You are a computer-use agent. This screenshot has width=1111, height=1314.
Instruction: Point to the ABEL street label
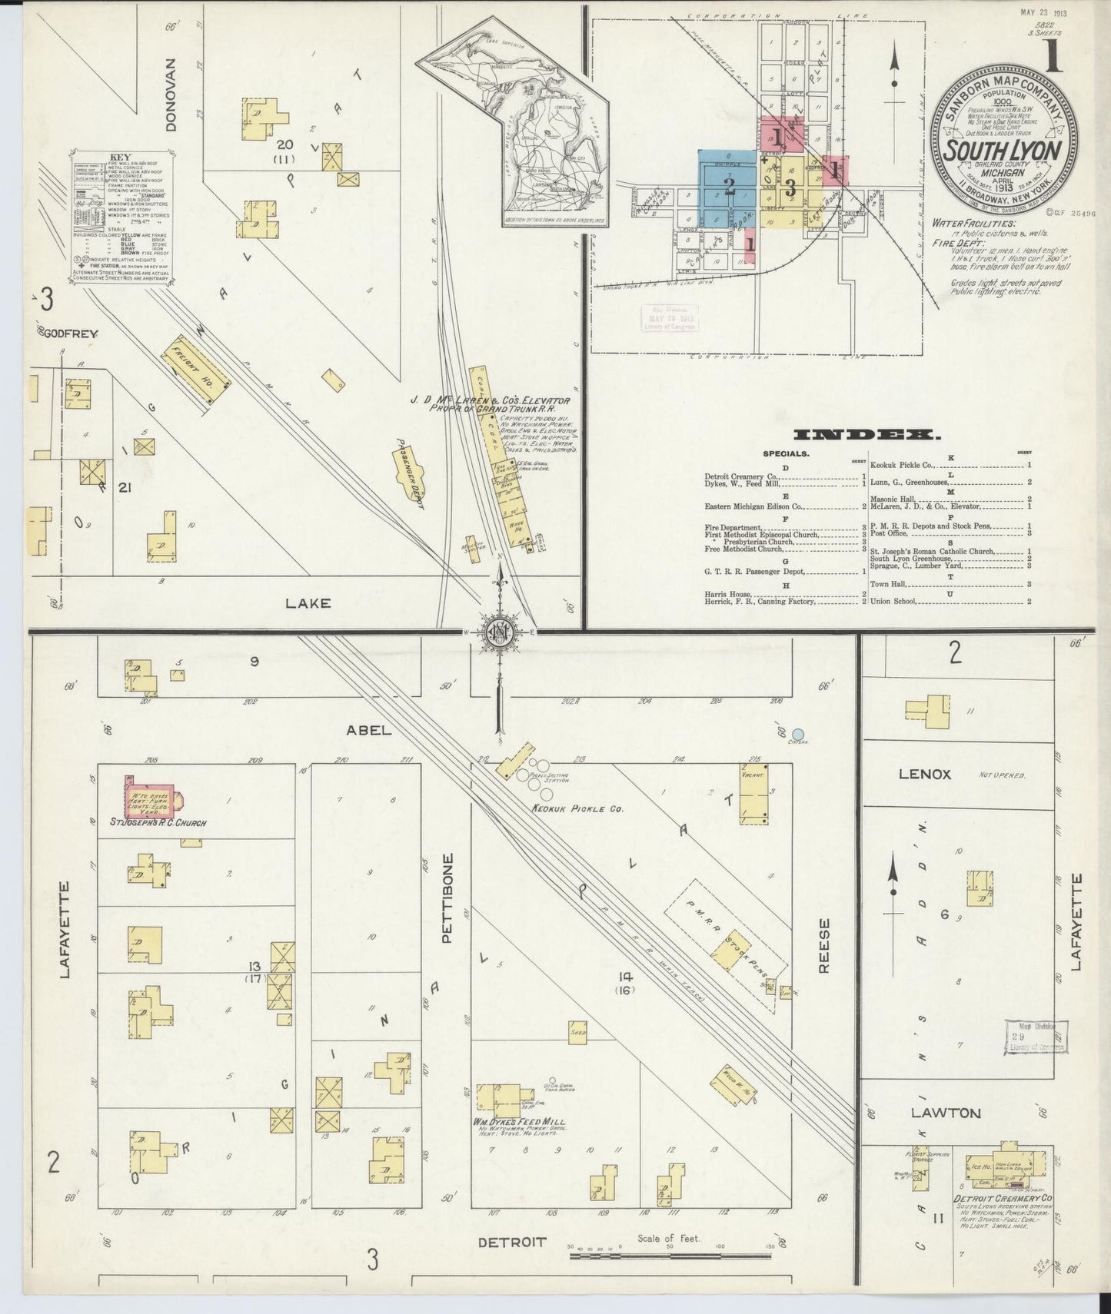click(370, 730)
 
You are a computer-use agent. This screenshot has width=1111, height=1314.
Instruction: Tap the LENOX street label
click(925, 774)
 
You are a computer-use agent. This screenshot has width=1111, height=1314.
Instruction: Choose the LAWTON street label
click(935, 1113)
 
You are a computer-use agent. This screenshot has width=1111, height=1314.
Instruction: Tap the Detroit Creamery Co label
click(1003, 1198)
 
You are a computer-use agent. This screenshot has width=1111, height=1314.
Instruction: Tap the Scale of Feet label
click(668, 1238)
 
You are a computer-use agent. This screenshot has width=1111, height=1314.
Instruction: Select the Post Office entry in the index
click(890, 533)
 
